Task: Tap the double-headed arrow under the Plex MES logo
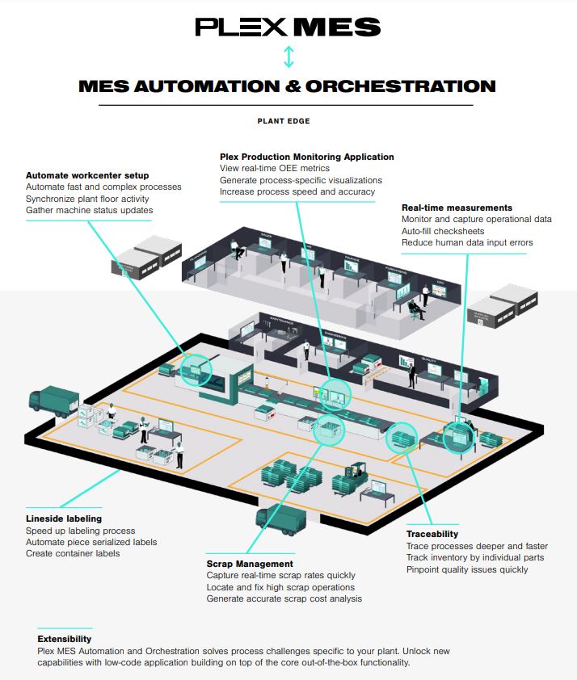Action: [288, 57]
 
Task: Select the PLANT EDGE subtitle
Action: [284, 121]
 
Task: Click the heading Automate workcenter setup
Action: [87, 175]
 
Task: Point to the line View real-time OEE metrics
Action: [275, 168]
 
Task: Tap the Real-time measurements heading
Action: [457, 208]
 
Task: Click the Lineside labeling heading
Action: [64, 518]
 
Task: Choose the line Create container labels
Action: [73, 553]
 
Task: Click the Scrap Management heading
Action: [250, 564]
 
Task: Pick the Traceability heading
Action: [432, 534]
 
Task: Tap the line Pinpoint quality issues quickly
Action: [467, 569]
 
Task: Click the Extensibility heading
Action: [65, 639]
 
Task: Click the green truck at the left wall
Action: [54, 401]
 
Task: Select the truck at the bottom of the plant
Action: [278, 522]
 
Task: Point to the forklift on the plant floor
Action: [356, 476]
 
